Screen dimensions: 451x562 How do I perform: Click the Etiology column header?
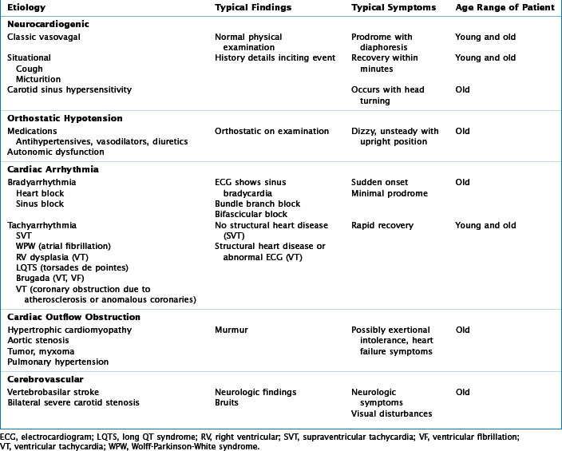click(26, 7)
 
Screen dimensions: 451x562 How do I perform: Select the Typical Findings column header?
click(251, 7)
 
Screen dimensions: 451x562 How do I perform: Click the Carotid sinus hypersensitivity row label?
click(69, 90)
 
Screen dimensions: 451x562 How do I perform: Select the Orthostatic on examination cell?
click(271, 132)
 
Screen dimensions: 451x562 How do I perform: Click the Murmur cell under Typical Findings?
click(231, 330)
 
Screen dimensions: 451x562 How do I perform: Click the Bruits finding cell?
click(228, 403)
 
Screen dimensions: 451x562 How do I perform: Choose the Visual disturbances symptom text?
click(392, 413)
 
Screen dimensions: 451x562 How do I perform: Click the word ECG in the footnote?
click(9, 437)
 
